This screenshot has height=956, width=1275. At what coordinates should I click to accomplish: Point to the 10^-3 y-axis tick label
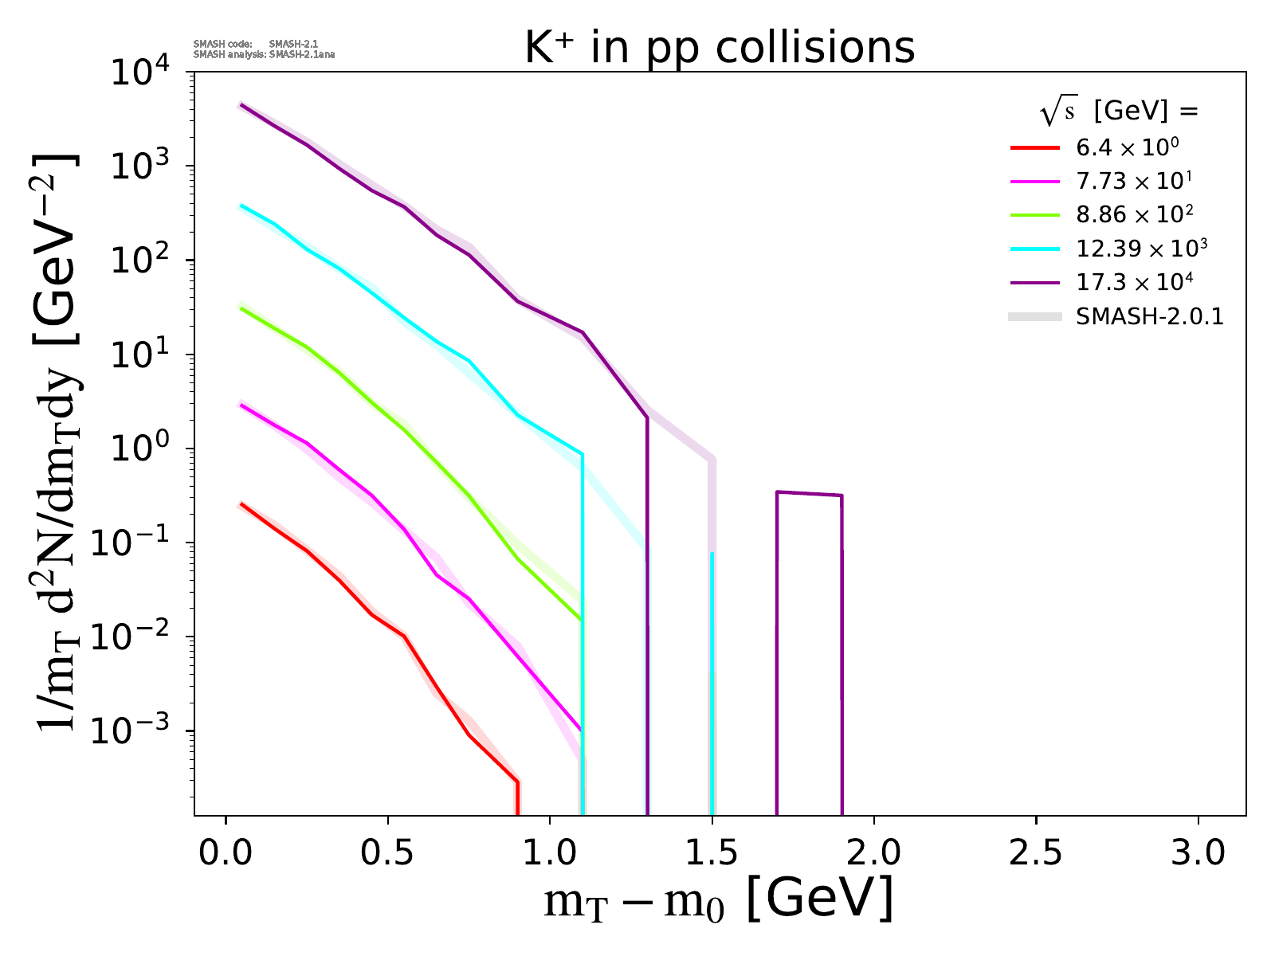click(x=137, y=731)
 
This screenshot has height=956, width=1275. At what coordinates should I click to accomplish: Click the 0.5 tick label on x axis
click(x=387, y=853)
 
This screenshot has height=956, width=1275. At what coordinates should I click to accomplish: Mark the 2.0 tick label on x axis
click(x=874, y=853)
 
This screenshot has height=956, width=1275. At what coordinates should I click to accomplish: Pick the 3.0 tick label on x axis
click(x=1198, y=853)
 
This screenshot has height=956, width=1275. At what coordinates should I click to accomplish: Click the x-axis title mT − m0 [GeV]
click(x=718, y=901)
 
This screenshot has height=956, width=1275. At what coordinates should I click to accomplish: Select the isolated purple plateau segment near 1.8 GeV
click(x=809, y=494)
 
